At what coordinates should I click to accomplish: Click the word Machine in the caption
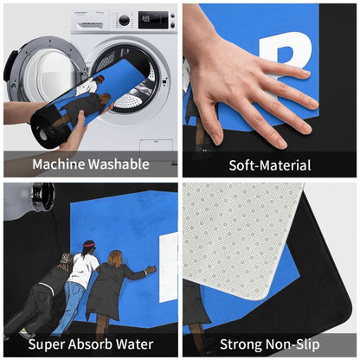(x=59, y=164)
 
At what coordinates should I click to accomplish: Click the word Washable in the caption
(x=119, y=164)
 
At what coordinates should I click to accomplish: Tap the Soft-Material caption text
(x=270, y=165)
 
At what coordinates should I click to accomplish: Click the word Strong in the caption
(x=241, y=344)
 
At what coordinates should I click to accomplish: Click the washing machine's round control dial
(x=124, y=20)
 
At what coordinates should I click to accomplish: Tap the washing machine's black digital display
(x=153, y=20)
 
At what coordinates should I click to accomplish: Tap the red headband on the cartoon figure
(x=89, y=245)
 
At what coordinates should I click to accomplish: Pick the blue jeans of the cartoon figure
(x=68, y=303)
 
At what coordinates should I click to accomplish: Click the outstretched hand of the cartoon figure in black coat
(x=151, y=270)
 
